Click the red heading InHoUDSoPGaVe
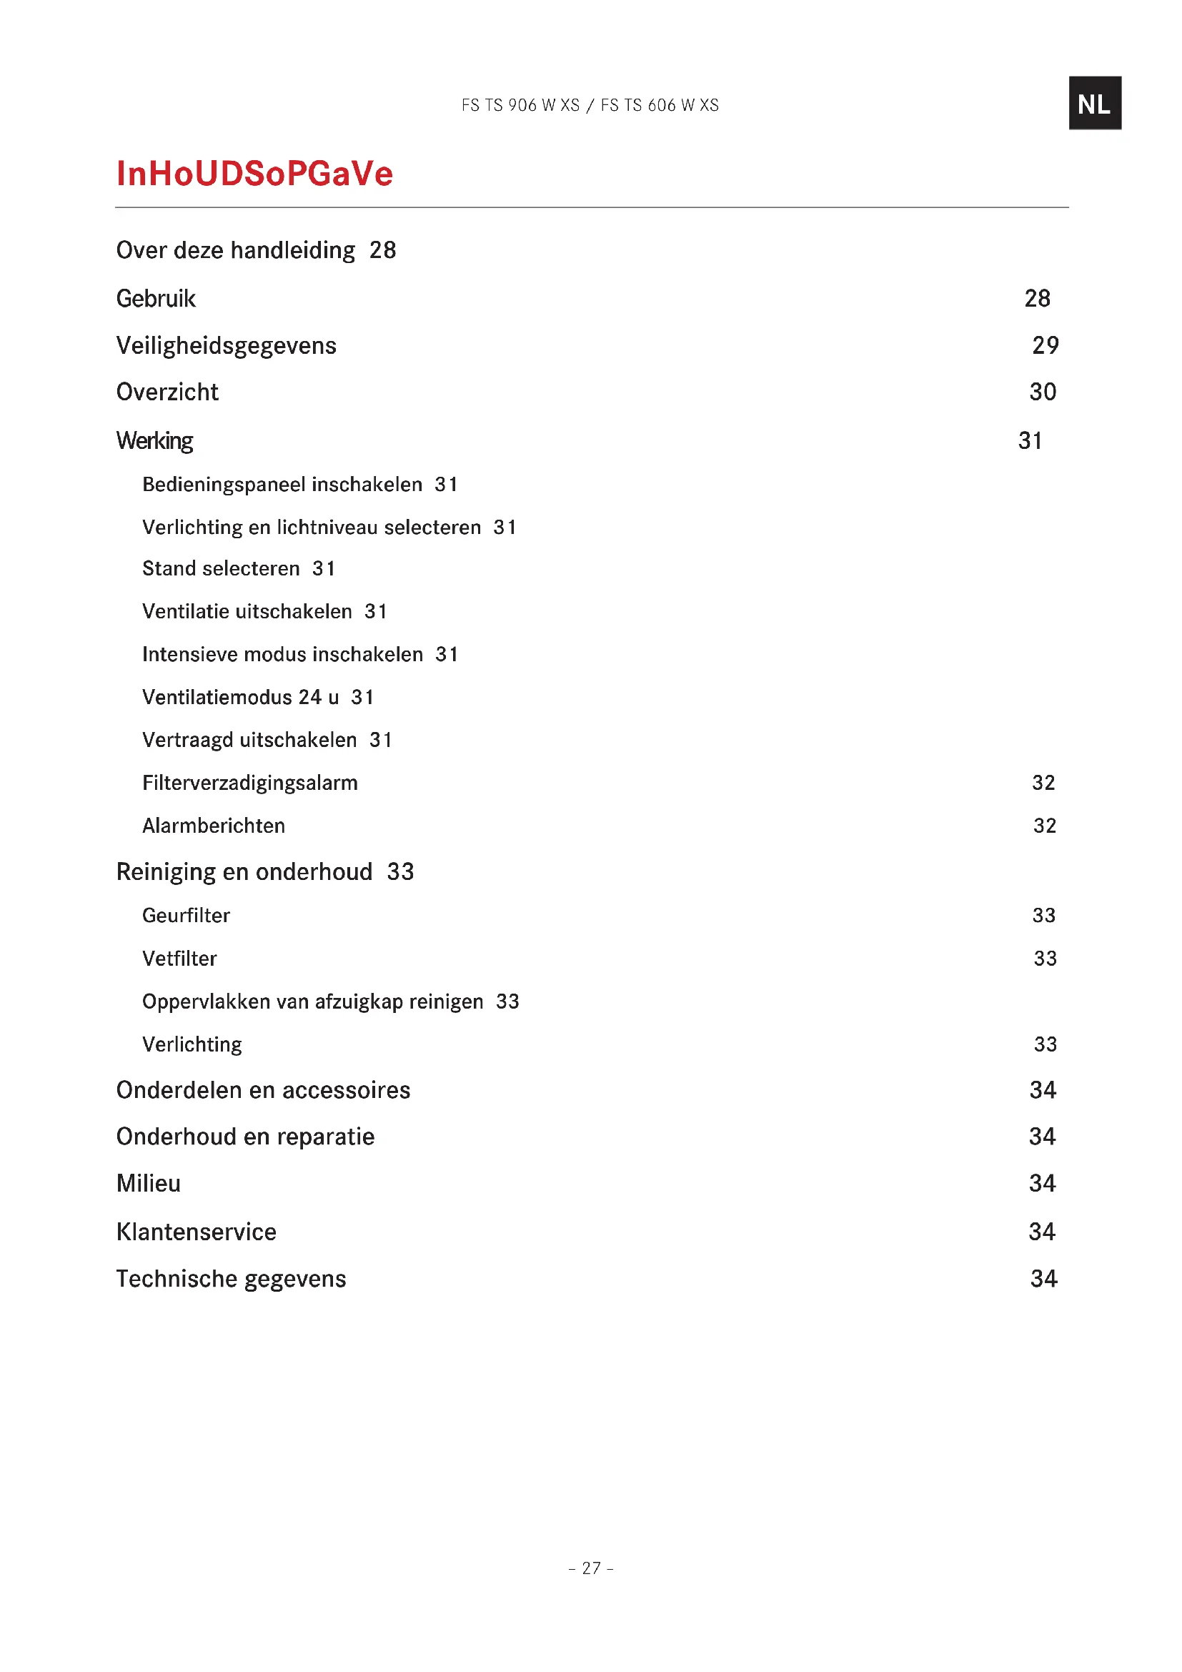254,174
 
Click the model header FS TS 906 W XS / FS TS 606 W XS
590,106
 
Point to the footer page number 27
590,1568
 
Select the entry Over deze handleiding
236,250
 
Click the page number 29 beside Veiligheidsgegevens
1045,345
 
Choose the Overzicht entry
167,392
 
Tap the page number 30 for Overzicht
1042,392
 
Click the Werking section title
154,440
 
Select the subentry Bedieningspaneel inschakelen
282,485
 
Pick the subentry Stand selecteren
221,569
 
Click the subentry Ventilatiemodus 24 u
240,698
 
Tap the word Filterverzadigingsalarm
249,783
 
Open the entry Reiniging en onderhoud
244,871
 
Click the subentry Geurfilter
186,916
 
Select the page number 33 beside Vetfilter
1045,959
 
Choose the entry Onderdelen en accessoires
263,1090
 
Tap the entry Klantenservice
196,1232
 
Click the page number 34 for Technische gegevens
1043,1279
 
